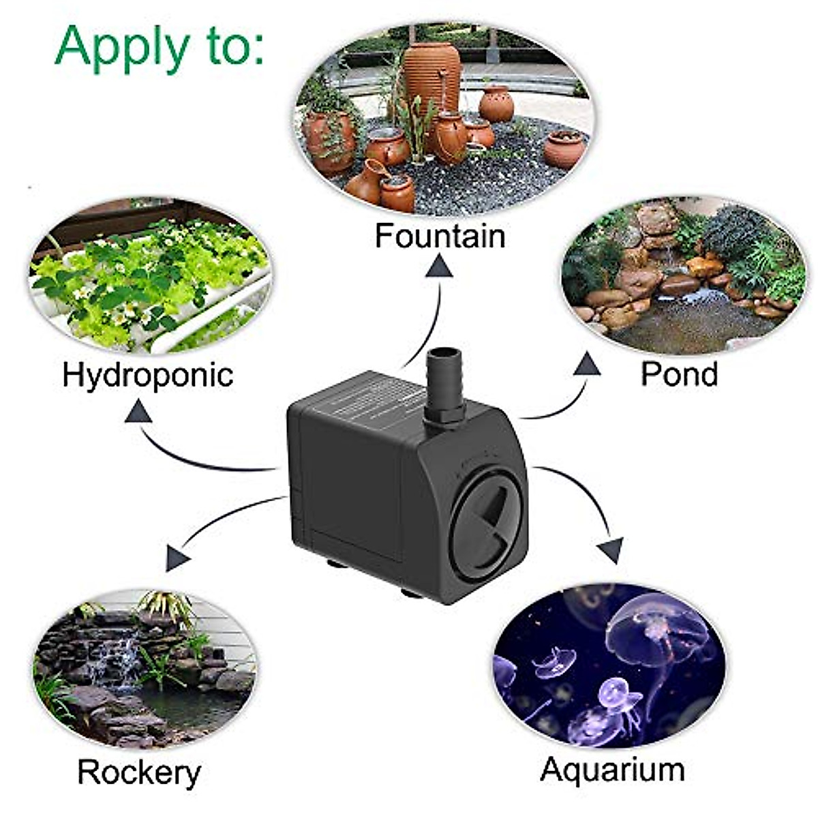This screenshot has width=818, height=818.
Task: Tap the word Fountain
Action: pos(440,236)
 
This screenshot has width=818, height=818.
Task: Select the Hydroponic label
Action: pos(147,374)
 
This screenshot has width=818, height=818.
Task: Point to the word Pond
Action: pos(679,374)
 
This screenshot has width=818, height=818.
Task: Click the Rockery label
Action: pos(139,772)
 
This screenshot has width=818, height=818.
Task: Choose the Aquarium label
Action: pos(612,770)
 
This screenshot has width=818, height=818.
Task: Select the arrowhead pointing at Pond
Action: pos(586,365)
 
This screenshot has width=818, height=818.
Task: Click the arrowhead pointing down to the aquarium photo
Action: pos(611,548)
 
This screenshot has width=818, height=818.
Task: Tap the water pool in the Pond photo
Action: pos(688,327)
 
